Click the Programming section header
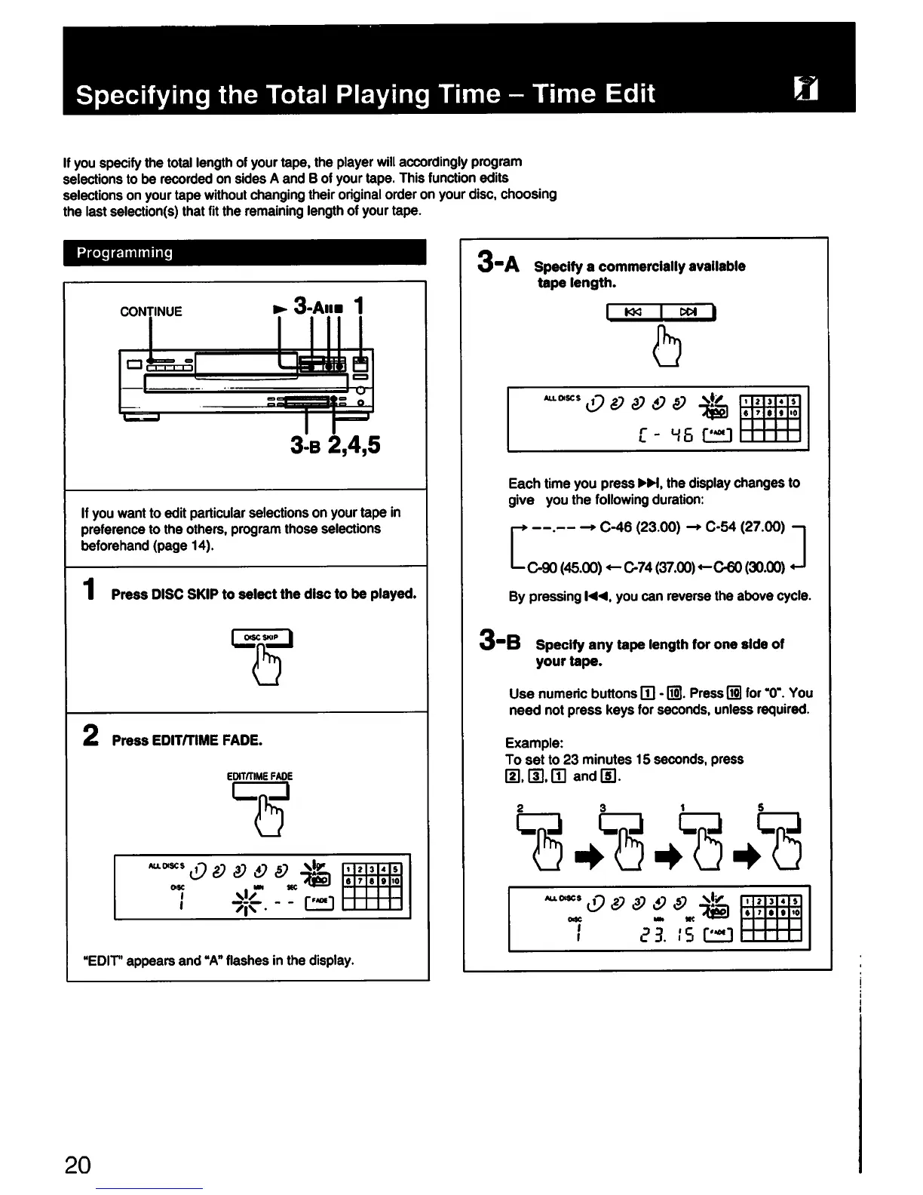(x=125, y=253)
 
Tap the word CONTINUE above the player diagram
(x=151, y=311)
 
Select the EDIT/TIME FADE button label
(x=259, y=776)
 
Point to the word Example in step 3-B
(x=534, y=742)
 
